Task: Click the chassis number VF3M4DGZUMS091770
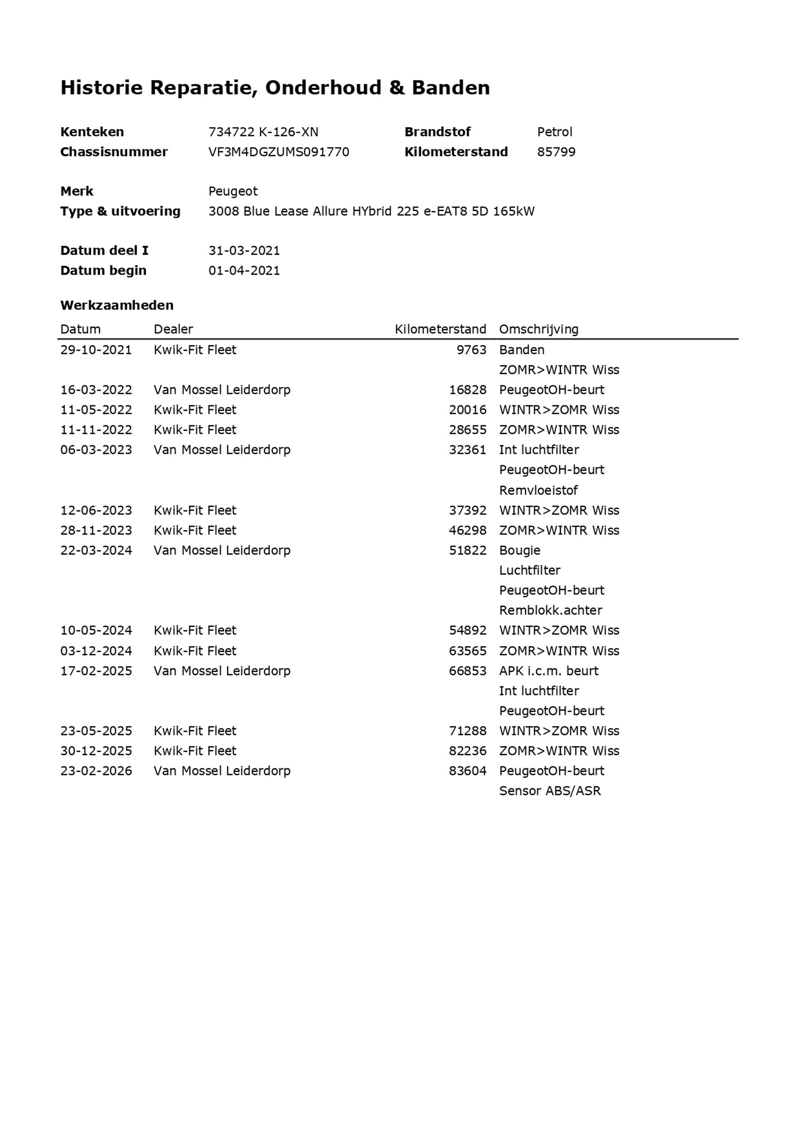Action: coord(278,152)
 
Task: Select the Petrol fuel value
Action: coord(554,132)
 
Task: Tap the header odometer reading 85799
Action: coord(556,152)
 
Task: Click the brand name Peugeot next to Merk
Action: coord(232,191)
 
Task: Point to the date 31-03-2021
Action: coord(244,251)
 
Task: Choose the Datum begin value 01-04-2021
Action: coord(244,270)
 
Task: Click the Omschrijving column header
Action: coord(538,329)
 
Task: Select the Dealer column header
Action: coord(173,329)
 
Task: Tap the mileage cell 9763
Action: coord(471,350)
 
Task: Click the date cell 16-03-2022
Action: coord(96,390)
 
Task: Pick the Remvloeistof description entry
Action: coord(538,490)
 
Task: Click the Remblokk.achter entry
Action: coord(550,611)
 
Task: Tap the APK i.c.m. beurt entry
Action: coord(548,671)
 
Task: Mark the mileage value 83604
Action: coord(467,771)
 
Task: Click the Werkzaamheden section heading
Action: coord(117,305)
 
